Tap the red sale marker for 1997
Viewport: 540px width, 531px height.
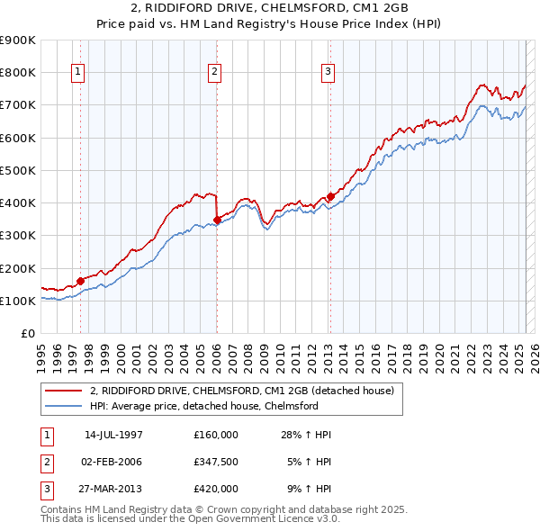(81, 281)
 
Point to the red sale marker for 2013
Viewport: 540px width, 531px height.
(330, 196)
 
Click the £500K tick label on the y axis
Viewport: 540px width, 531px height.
(18, 170)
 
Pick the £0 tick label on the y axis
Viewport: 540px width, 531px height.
(28, 333)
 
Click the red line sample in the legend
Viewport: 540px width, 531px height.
(63, 391)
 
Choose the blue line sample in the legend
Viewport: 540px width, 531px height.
(63, 406)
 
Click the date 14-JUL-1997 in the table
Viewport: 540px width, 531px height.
(113, 435)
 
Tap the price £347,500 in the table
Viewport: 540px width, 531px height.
(216, 462)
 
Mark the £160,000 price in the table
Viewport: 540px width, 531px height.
(216, 435)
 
